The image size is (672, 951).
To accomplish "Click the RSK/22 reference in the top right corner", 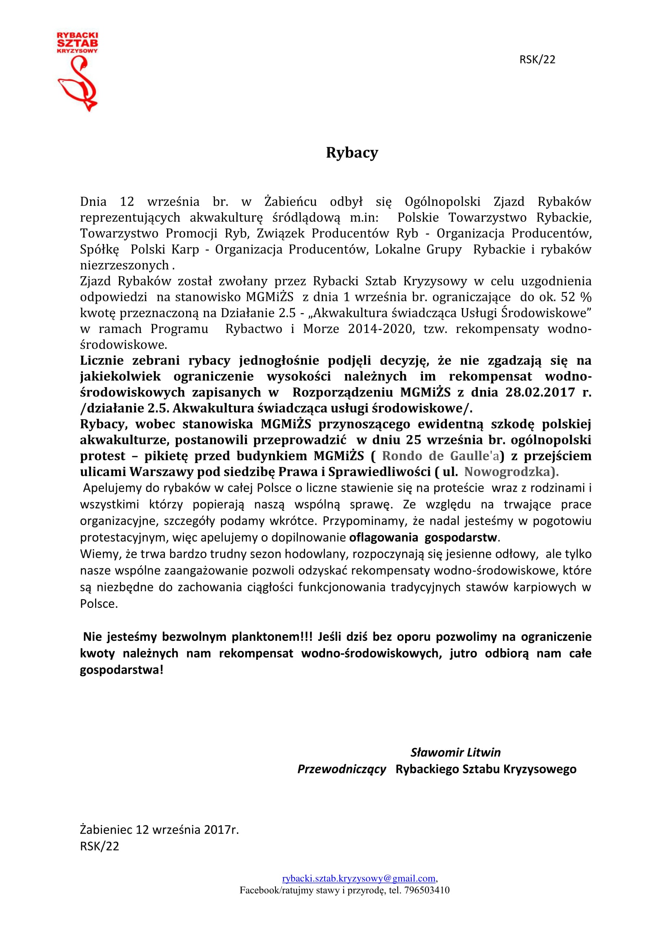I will click(x=537, y=60).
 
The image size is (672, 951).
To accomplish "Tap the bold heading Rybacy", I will click(x=352, y=153).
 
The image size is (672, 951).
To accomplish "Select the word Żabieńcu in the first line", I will click(x=290, y=202).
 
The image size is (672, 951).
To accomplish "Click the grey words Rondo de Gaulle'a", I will click(x=440, y=456).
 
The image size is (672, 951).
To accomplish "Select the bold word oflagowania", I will click(x=384, y=538).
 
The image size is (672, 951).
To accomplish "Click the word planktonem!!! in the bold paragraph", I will click(x=272, y=637).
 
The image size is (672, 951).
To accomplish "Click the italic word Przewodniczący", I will click(x=341, y=769).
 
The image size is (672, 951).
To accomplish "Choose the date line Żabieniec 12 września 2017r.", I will click(x=159, y=830).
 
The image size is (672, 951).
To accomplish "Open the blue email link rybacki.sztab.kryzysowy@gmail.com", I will click(x=359, y=879).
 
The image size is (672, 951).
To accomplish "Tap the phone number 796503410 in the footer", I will click(x=427, y=890).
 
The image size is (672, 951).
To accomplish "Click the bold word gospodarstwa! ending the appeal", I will click(x=121, y=670).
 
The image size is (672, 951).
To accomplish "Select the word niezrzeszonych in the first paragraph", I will click(x=124, y=265).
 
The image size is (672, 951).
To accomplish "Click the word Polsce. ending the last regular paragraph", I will click(x=99, y=604).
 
